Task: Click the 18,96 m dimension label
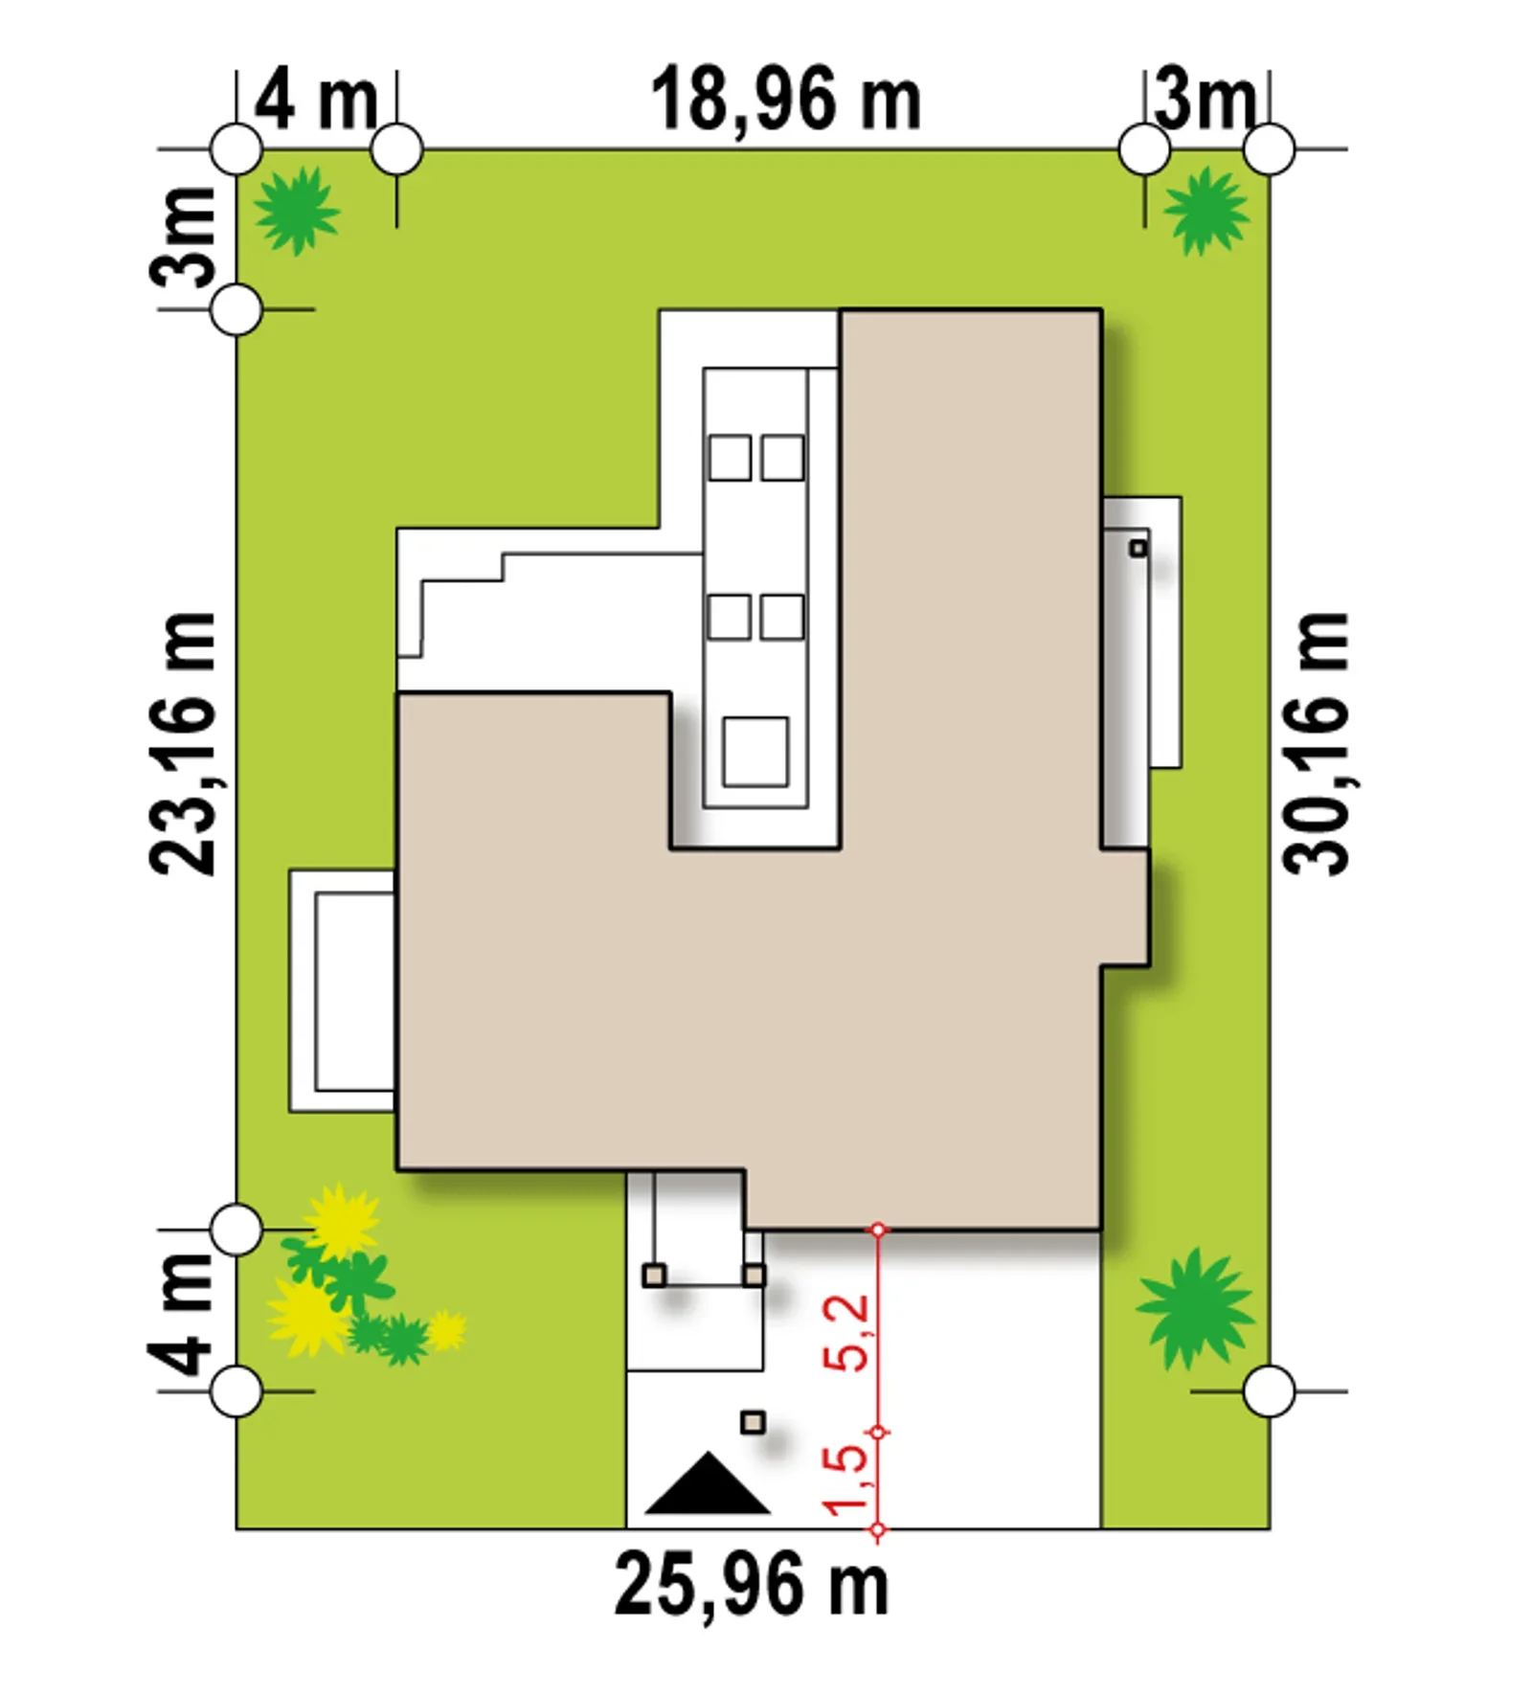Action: [785, 100]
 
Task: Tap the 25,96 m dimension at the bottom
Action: [752, 1586]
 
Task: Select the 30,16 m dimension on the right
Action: [1317, 743]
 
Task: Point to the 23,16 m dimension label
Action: [182, 743]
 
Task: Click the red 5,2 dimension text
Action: [848, 1332]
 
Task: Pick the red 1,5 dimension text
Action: [848, 1480]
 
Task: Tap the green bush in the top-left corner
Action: [297, 211]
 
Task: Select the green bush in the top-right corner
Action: [1205, 211]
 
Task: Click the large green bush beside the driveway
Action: [1195, 1308]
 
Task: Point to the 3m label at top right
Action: [1205, 100]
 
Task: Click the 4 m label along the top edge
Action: [316, 100]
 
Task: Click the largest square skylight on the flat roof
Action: [755, 752]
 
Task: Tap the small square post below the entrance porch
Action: [754, 1422]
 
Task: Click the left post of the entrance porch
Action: [654, 1275]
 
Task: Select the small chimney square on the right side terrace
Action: [1138, 549]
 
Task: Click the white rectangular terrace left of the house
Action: [342, 991]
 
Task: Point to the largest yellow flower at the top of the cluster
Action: [341, 1222]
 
